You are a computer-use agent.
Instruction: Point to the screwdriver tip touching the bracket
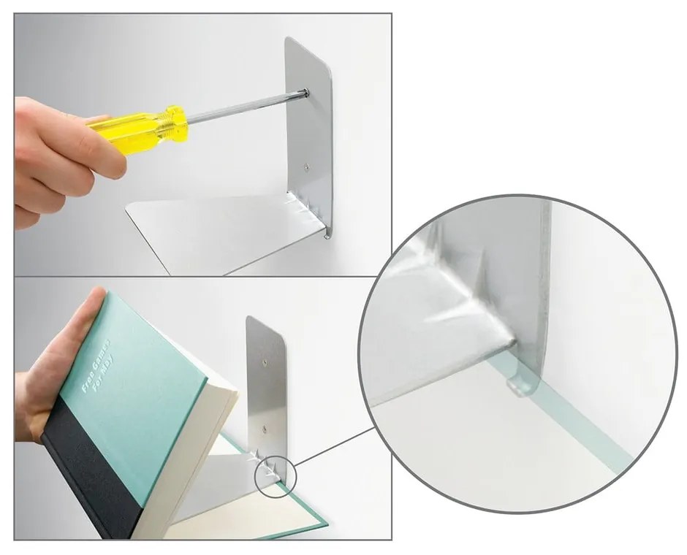(x=303, y=92)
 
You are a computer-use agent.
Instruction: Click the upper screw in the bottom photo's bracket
(x=265, y=359)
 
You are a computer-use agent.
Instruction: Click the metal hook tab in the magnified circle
(x=517, y=384)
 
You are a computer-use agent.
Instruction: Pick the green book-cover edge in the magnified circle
(x=577, y=424)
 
